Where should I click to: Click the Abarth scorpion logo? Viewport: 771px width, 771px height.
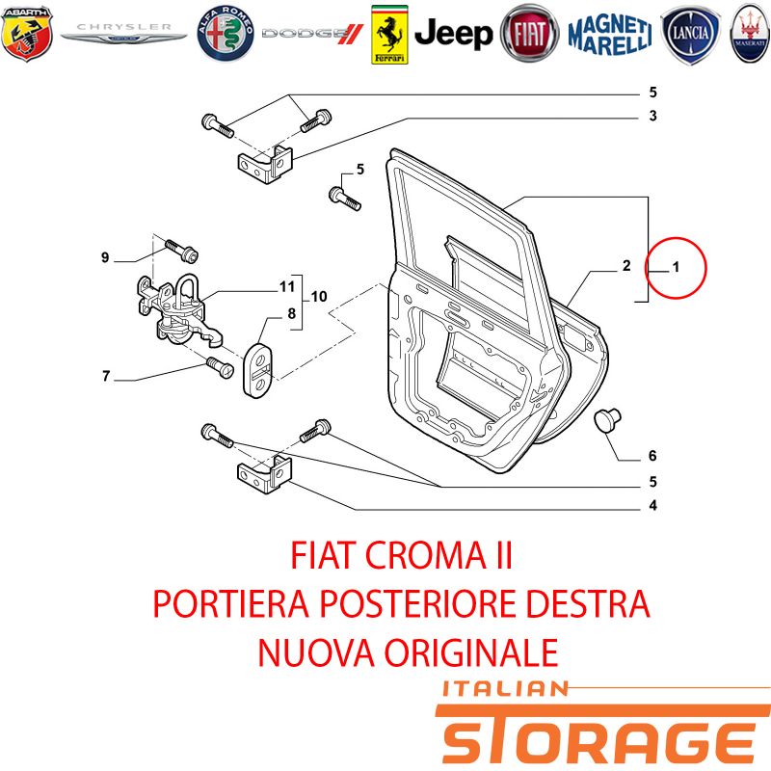pyautogui.click(x=27, y=34)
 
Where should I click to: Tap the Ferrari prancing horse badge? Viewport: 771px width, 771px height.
pyautogui.click(x=389, y=35)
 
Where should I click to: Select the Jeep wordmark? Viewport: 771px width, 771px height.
pyautogui.click(x=453, y=34)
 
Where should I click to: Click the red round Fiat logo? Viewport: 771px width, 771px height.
pyautogui.click(x=529, y=34)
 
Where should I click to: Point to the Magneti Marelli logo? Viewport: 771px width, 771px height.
pyautogui.click(x=610, y=35)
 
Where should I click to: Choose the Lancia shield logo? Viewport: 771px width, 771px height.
pyautogui.click(x=690, y=35)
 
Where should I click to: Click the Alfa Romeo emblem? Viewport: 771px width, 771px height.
pyautogui.click(x=226, y=34)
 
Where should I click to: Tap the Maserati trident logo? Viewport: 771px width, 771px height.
pyautogui.click(x=751, y=34)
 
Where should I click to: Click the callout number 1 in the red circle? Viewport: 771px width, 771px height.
pyautogui.click(x=677, y=267)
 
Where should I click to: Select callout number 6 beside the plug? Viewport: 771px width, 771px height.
pyautogui.click(x=652, y=456)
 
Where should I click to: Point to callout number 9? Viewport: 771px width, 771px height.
pyautogui.click(x=105, y=257)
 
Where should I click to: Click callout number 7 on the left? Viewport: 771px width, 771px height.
pyautogui.click(x=106, y=376)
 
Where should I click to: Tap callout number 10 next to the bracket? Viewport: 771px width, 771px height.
pyautogui.click(x=319, y=297)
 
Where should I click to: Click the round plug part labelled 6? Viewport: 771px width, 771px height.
pyautogui.click(x=608, y=420)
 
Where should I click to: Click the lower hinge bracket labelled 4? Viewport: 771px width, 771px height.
pyautogui.click(x=265, y=474)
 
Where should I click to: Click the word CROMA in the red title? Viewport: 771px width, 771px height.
pyautogui.click(x=425, y=556)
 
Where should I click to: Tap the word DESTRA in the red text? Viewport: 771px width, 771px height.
pyautogui.click(x=588, y=604)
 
